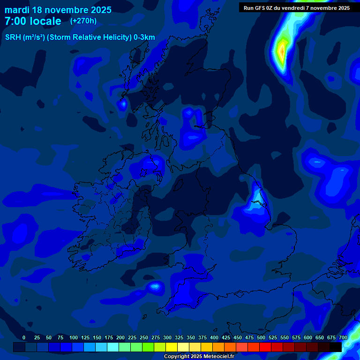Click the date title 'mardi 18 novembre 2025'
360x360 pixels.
click(x=58, y=10)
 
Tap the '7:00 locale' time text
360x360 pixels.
click(x=33, y=21)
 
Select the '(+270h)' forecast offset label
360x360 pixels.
click(x=83, y=21)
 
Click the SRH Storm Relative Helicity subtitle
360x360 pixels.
click(x=80, y=37)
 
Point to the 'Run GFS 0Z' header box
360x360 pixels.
click(x=297, y=7)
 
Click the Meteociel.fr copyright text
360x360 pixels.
click(x=199, y=357)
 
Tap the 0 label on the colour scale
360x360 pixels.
click(x=24, y=337)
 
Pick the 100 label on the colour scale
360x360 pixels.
click(x=73, y=337)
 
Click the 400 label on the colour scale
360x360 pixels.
click(x=214, y=337)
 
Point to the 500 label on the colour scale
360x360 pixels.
click(x=261, y=337)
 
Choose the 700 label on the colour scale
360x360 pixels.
click(x=343, y=337)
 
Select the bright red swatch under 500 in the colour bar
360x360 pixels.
click(x=265, y=347)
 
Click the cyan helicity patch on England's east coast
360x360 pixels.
click(x=254, y=204)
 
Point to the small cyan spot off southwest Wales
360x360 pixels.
click(x=154, y=285)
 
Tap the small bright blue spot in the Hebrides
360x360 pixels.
click(x=122, y=104)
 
